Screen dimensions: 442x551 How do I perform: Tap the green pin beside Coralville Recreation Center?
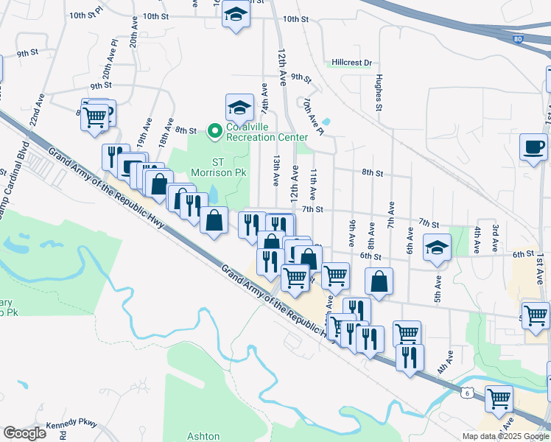pyautogui.click(x=215, y=132)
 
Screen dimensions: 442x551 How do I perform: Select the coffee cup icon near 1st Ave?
pyautogui.click(x=533, y=146)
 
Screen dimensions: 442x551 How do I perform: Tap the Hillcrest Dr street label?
pyautogui.click(x=351, y=63)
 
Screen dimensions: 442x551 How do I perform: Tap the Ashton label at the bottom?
pyautogui.click(x=203, y=436)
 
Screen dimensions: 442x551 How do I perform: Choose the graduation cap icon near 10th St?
pyautogui.click(x=236, y=15)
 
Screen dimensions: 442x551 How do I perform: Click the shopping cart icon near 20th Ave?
pyautogui.click(x=94, y=116)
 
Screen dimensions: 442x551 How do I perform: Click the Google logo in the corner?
pyautogui.click(x=24, y=433)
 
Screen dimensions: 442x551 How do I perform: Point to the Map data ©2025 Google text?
pyautogui.click(x=505, y=436)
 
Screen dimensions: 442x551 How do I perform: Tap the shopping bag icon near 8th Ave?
pyautogui.click(x=379, y=281)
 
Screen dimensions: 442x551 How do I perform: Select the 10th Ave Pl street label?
pyautogui.click(x=313, y=117)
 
